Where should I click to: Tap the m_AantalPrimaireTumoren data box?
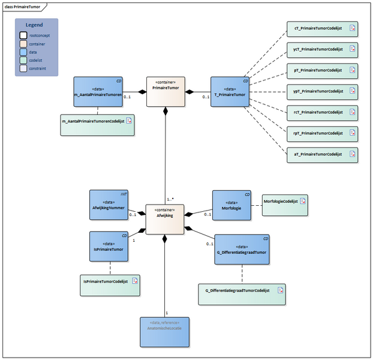tap(98, 92)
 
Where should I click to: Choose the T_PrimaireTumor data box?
tap(230, 92)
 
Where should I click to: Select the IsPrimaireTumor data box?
tap(109, 246)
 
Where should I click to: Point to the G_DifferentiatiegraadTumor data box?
tap(242, 250)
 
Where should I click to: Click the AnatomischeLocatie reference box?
tap(164, 332)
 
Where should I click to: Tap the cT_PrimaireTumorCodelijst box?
tap(322, 28)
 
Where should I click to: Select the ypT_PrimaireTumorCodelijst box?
tap(322, 91)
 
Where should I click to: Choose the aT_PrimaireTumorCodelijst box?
tap(322, 154)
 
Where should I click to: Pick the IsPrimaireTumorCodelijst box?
tap(110, 284)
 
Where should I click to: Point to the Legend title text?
tap(34, 26)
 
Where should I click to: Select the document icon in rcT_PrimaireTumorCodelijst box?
tap(353, 112)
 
